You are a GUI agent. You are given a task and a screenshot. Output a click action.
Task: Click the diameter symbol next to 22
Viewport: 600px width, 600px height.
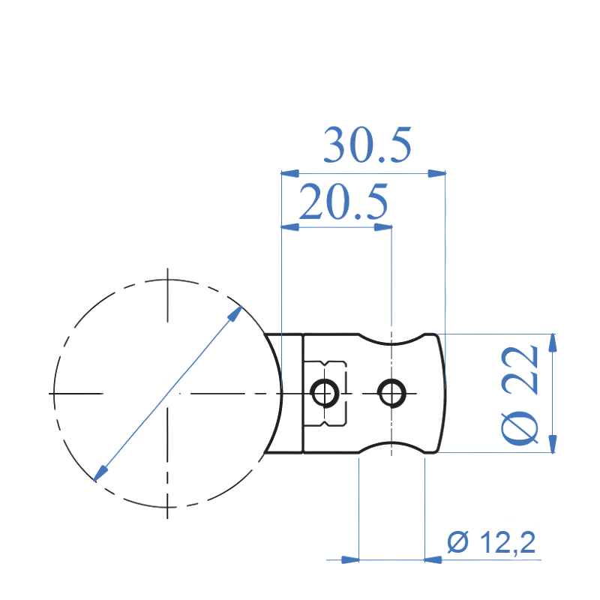[x=520, y=427]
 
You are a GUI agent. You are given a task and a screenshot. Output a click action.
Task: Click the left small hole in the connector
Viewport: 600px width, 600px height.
[x=325, y=392]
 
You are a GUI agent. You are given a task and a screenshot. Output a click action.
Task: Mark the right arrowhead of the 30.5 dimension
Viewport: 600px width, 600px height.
[x=436, y=173]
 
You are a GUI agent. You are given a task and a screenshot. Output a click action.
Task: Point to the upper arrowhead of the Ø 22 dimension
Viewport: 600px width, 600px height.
[x=553, y=341]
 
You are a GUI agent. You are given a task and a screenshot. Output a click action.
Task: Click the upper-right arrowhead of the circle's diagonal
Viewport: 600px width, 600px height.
[x=235, y=312]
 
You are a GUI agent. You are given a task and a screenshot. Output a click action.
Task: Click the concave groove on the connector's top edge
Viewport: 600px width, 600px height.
[x=391, y=342]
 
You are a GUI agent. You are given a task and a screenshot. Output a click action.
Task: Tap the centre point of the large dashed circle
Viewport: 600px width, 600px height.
[x=167, y=393]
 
